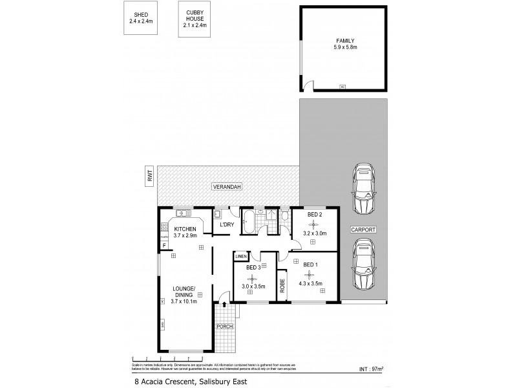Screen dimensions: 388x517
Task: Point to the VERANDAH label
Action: (x=226, y=187)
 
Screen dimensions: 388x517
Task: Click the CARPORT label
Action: (x=364, y=230)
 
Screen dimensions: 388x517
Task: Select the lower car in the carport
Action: (x=364, y=264)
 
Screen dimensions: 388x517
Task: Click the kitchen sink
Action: (x=183, y=213)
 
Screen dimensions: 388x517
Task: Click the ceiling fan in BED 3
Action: (x=249, y=279)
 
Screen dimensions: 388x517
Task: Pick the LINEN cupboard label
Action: (x=241, y=257)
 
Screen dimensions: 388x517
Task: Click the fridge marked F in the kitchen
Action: (x=165, y=243)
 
